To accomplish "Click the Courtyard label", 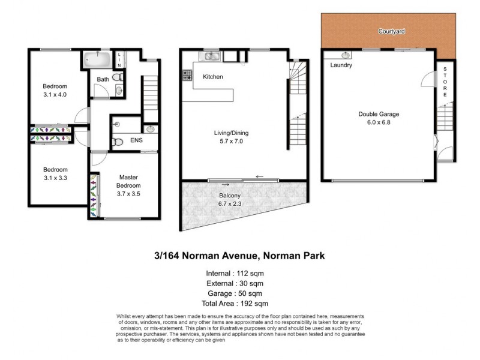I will coord(389,31).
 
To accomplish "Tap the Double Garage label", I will coord(379,114).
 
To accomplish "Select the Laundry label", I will coord(341,65).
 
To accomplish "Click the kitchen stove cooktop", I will coord(187,76).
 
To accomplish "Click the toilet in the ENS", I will coord(118,142).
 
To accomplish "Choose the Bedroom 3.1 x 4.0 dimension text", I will coord(55,95).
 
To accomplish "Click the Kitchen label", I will coord(213,77).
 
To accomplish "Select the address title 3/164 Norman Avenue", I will coord(239,256).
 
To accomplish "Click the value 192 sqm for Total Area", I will coord(256,304).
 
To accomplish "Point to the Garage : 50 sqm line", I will coord(239,293).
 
